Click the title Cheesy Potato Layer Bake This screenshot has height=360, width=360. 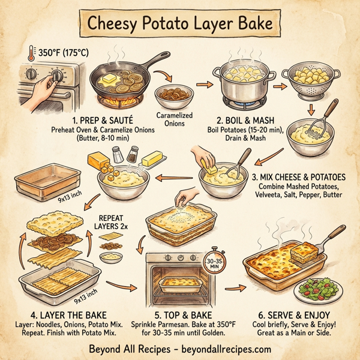point(180,24)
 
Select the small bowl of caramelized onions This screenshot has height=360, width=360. point(173,95)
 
